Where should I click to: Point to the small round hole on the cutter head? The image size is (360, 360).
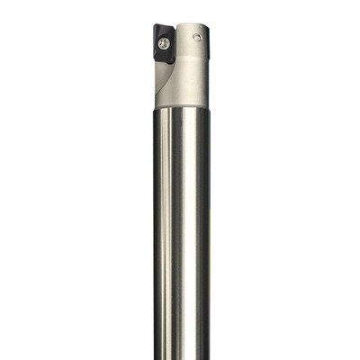point(197,36)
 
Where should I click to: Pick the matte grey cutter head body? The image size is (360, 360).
point(191,67)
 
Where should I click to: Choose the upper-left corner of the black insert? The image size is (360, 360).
point(152,28)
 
